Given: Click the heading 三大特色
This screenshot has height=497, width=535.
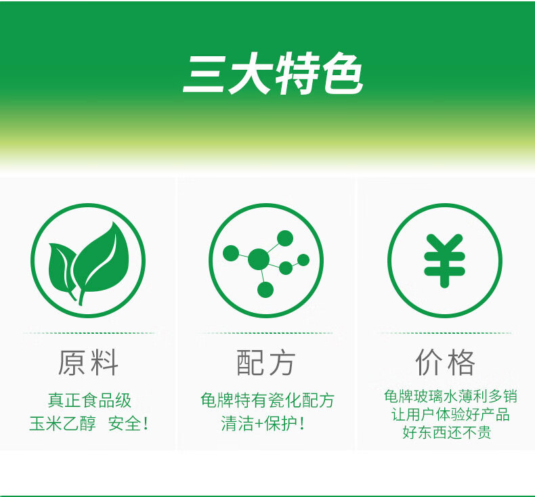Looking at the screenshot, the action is pos(273,74).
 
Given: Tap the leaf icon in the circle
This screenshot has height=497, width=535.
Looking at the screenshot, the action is pos(88,263).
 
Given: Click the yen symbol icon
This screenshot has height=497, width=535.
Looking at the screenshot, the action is pos(444,261).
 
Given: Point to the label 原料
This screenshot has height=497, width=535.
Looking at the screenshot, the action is pos(88,362).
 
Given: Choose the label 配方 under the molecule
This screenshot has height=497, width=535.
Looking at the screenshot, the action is pos(266,362).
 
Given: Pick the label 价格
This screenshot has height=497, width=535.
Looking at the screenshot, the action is pos(445,362).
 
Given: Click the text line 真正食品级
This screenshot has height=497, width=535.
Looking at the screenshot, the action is pos(89,400).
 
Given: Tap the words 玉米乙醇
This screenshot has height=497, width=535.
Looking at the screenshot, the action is pos(62,424).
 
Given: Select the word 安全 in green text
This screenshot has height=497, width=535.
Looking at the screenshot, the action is pos(125,424).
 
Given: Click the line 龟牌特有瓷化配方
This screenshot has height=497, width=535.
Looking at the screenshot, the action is pos(267,400).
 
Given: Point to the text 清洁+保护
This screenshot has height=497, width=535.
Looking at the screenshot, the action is pos(259,424).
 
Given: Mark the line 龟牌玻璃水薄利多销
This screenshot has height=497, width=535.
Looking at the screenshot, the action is pos(450,396).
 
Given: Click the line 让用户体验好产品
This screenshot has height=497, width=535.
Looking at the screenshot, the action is pos(450,414).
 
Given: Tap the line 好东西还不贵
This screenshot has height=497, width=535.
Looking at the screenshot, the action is pos(447,433).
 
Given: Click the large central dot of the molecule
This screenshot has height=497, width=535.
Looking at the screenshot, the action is pos(258,259).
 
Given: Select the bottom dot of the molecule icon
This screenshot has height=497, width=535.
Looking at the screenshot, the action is pos(265,290).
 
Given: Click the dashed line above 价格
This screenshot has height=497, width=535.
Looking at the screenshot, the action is pos(444,333).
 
